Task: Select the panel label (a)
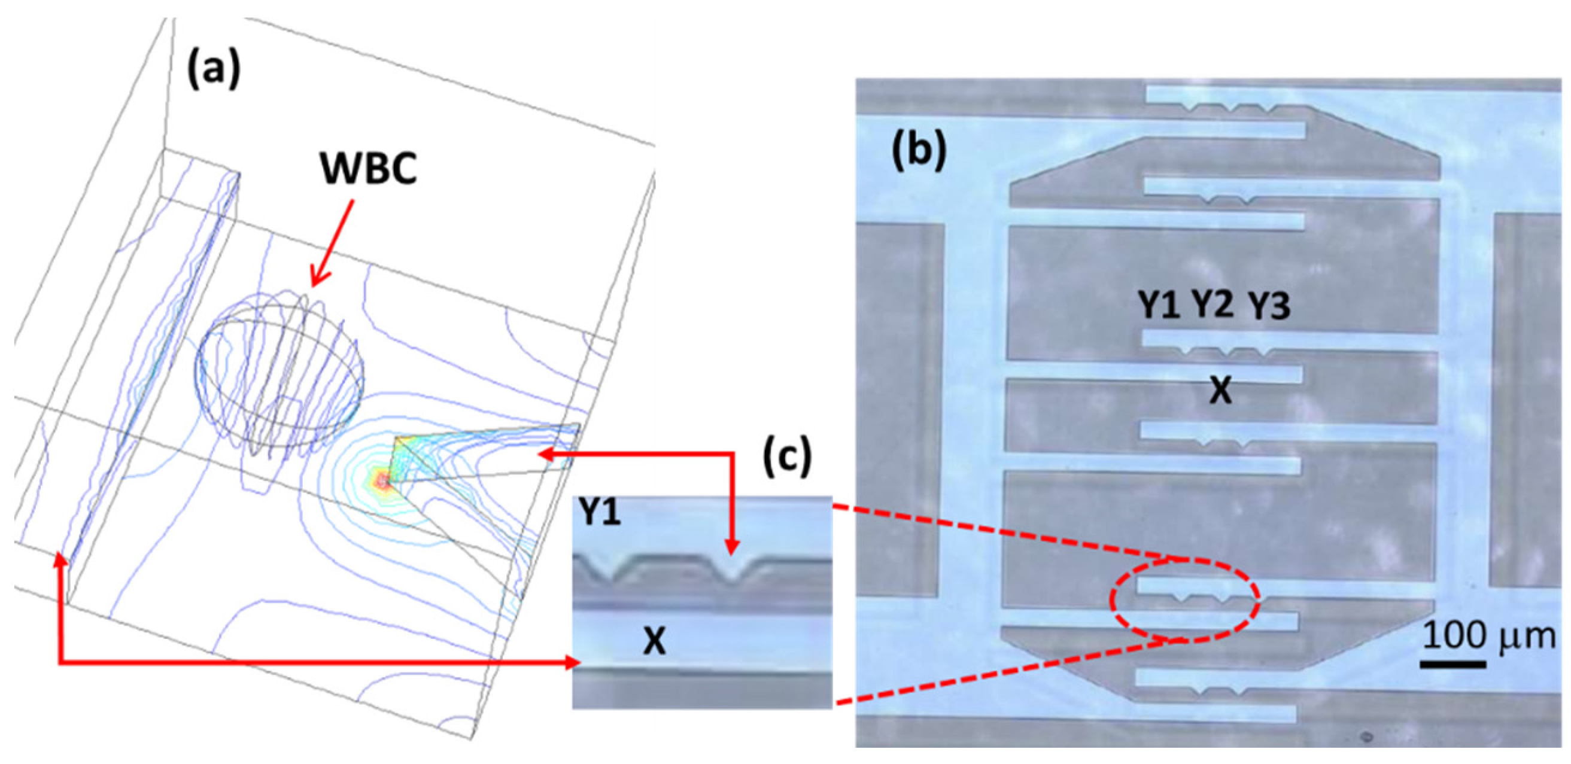(x=214, y=70)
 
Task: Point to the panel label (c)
(x=787, y=455)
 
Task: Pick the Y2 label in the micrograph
(x=1213, y=305)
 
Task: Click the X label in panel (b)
(x=1220, y=391)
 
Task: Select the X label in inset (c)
(x=654, y=641)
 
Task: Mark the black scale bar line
(x=1453, y=663)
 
